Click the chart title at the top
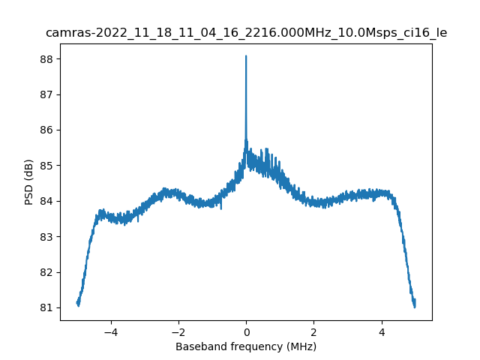click(246, 33)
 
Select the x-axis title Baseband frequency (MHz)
click(246, 346)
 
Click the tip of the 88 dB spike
click(246, 56)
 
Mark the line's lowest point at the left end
click(78, 305)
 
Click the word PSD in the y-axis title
click(29, 195)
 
